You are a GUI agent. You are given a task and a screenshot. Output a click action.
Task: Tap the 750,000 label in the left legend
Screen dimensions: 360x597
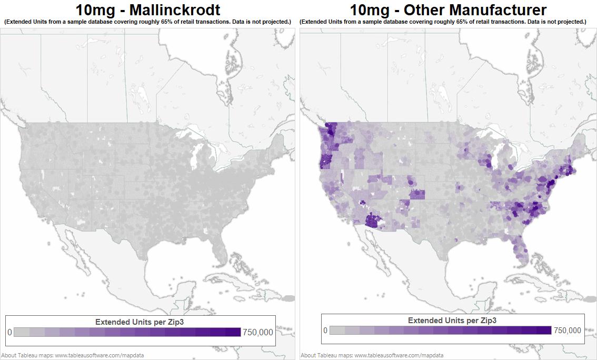tap(258, 332)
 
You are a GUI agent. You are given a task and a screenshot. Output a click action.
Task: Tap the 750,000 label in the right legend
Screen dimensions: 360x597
tap(568, 331)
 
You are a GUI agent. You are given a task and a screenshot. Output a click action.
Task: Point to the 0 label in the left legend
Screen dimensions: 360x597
tap(9, 332)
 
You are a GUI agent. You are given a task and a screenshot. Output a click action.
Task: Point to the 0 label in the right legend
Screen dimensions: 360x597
tap(325, 331)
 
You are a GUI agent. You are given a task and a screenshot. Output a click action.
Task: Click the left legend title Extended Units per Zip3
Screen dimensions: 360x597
tap(139, 322)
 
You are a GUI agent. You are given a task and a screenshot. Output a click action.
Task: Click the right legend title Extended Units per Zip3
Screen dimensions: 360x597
tap(452, 320)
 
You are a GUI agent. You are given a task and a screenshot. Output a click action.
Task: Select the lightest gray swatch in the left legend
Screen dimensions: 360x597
tap(21, 332)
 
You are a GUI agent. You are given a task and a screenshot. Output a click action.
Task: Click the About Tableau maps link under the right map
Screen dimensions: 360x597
tap(372, 355)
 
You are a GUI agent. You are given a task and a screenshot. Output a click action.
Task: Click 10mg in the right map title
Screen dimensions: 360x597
tap(367, 9)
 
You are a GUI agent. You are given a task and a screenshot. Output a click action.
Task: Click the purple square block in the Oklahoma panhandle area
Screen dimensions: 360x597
tap(417, 194)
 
